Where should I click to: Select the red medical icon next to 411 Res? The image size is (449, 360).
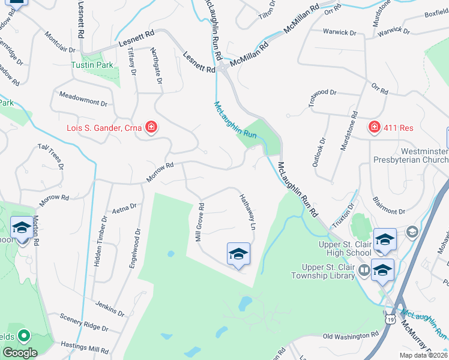[375, 127]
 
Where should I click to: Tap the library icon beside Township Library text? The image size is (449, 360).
[364, 271]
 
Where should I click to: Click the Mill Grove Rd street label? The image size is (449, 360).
[200, 222]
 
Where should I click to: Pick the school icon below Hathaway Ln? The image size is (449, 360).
[238, 254]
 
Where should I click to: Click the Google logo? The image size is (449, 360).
[20, 353]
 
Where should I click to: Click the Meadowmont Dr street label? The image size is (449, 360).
[83, 98]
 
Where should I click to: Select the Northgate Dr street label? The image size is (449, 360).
[156, 65]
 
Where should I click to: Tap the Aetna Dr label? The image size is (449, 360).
[124, 208]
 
